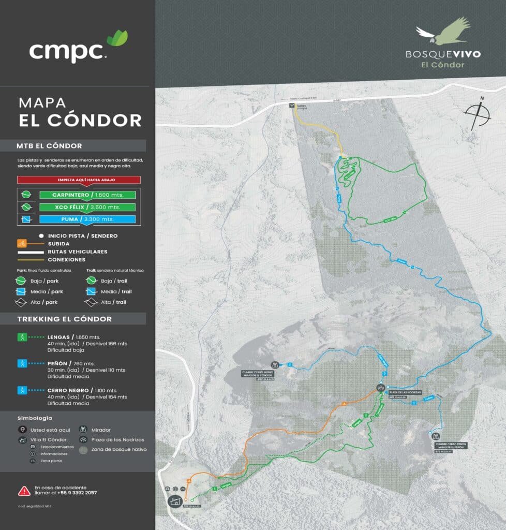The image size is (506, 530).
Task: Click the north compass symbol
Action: [x=478, y=114]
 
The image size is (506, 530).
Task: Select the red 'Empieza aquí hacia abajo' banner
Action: [x=79, y=180]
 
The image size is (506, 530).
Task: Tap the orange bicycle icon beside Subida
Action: [x=22, y=243]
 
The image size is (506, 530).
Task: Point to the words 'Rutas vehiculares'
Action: [x=78, y=252]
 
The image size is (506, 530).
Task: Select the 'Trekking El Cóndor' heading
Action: [x=65, y=319]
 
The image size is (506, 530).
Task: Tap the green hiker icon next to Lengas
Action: [x=22, y=337]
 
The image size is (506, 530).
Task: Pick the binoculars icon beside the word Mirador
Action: [x=83, y=429]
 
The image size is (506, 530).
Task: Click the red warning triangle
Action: [x=24, y=490]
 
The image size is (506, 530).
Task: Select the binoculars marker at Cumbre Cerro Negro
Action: [x=275, y=365]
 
